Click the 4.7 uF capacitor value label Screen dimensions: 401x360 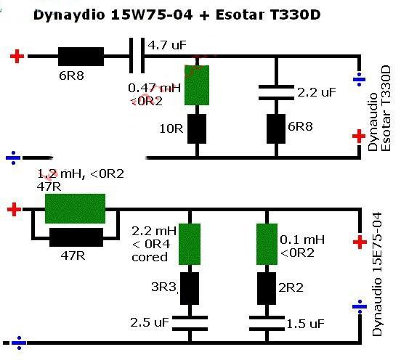point(167,46)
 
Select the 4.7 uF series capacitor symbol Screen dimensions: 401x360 point(137,55)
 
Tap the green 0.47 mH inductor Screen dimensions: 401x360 point(197,85)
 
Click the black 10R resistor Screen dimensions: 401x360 point(197,128)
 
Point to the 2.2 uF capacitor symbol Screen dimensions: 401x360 point(276,92)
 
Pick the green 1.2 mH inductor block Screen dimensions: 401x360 point(76,208)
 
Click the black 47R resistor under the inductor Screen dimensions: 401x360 point(76,237)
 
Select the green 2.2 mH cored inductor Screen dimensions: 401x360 point(190,245)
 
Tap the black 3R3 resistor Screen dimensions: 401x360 point(190,288)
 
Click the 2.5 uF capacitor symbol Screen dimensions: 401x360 point(190,323)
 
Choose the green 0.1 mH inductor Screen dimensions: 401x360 point(267,245)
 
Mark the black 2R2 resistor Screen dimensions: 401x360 point(267,288)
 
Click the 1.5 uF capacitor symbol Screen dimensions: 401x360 point(267,323)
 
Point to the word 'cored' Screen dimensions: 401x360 point(150,257)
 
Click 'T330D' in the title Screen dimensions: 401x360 point(295,15)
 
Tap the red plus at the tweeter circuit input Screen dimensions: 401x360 point(17,56)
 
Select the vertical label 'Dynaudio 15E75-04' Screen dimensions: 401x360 point(377,274)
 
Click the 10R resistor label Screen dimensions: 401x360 point(171,128)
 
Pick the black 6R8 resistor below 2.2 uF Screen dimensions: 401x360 point(276,128)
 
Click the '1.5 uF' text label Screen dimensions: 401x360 point(305,324)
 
